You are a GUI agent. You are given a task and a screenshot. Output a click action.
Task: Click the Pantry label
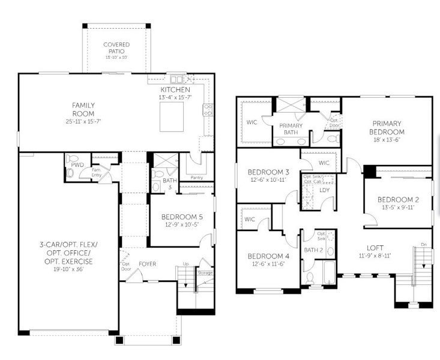click(x=196, y=178)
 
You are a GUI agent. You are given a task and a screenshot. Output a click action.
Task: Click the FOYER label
click(x=148, y=263)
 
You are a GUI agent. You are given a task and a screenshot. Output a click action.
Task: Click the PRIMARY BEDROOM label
click(x=387, y=128)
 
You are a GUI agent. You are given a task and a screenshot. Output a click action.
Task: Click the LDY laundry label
click(x=325, y=190)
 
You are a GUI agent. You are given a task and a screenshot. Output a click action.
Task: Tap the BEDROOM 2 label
click(x=398, y=200)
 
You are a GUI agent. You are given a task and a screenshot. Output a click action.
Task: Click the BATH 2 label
click(x=314, y=249)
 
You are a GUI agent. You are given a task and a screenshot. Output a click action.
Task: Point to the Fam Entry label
click(x=95, y=172)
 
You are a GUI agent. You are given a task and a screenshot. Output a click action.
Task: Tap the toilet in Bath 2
click(x=310, y=278)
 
